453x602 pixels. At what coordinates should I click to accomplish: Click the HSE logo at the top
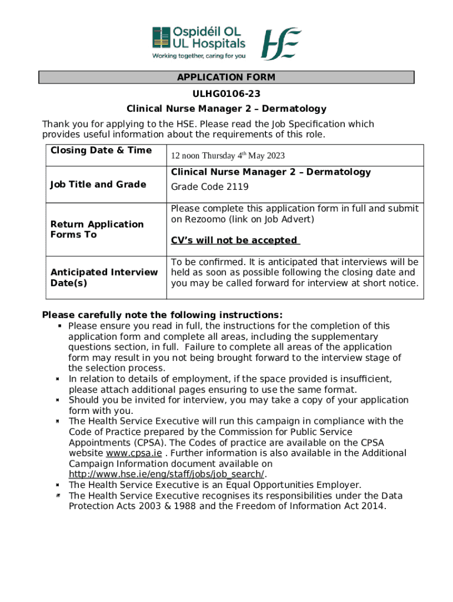click(x=281, y=44)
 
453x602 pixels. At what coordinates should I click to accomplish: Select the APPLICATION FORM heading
click(x=226, y=78)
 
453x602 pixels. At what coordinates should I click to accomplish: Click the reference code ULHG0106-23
click(x=226, y=93)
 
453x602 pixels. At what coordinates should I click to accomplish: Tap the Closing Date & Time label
click(x=101, y=150)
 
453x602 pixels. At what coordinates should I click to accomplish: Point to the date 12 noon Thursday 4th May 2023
click(x=228, y=156)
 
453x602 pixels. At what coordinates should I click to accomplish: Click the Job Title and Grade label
click(x=98, y=185)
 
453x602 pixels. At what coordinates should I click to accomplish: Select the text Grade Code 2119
click(x=209, y=187)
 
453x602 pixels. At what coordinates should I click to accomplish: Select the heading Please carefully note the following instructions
click(x=162, y=315)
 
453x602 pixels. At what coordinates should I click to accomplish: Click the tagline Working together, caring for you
click(x=199, y=56)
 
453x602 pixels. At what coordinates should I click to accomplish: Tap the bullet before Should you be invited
click(x=58, y=400)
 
